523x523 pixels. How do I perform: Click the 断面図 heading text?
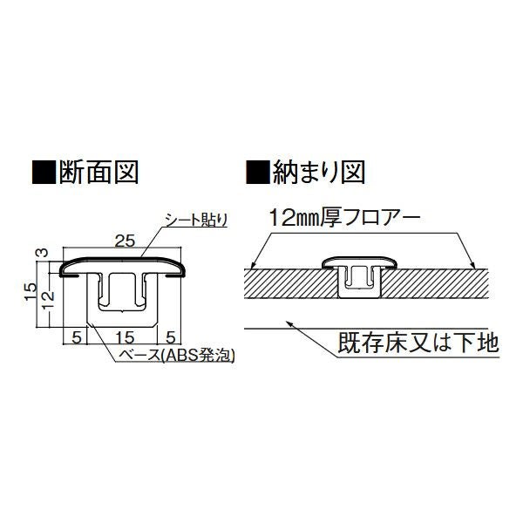[98, 172]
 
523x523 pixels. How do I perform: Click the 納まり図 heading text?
[318, 172]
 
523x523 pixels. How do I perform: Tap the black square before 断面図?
[44, 172]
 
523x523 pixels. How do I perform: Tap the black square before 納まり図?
[257, 172]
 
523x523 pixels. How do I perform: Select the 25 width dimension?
[125, 241]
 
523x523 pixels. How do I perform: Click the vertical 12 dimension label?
[48, 300]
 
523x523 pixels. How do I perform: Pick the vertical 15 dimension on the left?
[30, 291]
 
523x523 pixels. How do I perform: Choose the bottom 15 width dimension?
[125, 338]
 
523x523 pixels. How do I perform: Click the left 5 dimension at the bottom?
[77, 338]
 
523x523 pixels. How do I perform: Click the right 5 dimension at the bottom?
[171, 338]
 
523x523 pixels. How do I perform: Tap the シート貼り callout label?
[196, 220]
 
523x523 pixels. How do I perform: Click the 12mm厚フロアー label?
[344, 217]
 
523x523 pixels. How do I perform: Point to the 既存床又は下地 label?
[418, 343]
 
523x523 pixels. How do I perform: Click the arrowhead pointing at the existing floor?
[289, 323]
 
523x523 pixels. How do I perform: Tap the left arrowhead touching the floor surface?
[253, 266]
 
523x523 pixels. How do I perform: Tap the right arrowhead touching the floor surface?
[472, 266]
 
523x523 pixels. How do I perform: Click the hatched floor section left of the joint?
[291, 284]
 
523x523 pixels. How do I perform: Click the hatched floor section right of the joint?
[434, 284]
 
